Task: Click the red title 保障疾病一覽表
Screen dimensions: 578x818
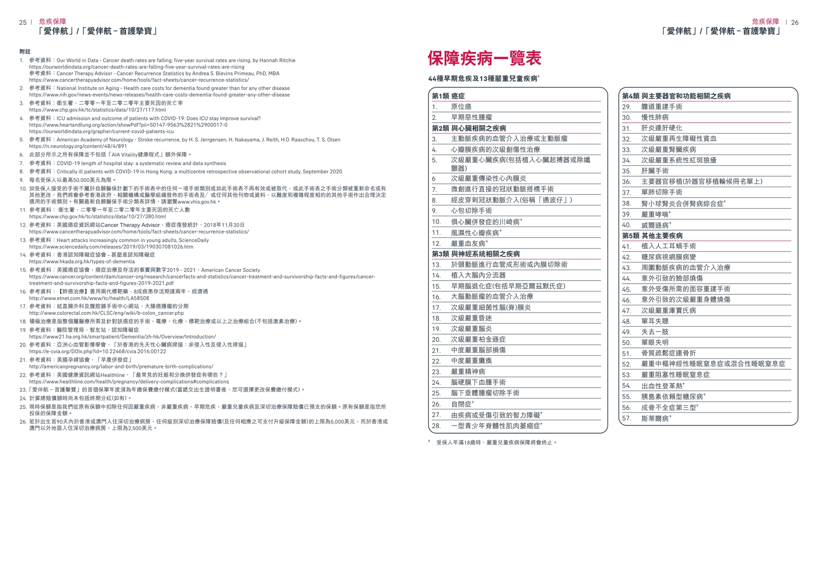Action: tap(484, 59)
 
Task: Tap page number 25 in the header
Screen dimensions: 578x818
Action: tap(22, 22)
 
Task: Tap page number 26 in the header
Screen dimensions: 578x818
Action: tap(795, 22)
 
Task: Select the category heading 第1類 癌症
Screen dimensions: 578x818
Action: tap(448, 96)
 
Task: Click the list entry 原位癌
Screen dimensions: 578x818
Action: tap(461, 107)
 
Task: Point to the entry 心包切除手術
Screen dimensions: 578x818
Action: tap(471, 211)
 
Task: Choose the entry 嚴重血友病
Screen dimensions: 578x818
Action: tap(468, 243)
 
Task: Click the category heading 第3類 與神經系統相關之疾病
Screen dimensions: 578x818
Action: tap(476, 254)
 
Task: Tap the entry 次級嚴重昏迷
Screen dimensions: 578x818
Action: tap(471, 318)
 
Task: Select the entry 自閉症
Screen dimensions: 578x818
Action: tap(461, 404)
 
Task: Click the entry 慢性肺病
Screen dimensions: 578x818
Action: tap(655, 118)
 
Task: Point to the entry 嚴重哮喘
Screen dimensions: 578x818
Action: tap(655, 214)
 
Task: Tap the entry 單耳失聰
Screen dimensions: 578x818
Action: tap(655, 321)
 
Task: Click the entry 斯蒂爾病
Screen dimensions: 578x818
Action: tap(655, 418)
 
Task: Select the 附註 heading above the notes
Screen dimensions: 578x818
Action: tap(25, 52)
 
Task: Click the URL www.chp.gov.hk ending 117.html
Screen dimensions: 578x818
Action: tap(98, 110)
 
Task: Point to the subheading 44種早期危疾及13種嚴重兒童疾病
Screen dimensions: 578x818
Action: tap(483, 79)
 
